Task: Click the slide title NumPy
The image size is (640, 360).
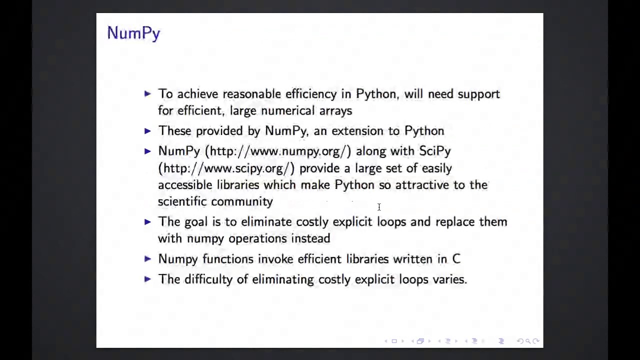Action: coord(133,33)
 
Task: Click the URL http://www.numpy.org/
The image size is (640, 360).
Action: coord(280,151)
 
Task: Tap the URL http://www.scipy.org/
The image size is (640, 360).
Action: coord(228,168)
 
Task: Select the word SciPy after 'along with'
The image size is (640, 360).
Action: coord(434,151)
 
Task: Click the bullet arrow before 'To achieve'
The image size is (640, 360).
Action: coord(147,93)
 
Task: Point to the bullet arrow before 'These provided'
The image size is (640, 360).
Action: coord(147,131)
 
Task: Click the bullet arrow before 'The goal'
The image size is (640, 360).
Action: coord(147,221)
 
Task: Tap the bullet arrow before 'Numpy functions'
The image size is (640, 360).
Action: coord(147,259)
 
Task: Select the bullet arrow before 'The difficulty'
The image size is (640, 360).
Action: coord(147,279)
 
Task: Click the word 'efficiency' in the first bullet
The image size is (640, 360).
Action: coord(310,94)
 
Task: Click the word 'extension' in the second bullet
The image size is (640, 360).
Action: coord(357,131)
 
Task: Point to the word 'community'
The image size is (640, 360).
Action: coord(241,201)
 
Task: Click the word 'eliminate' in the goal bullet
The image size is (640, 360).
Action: coord(266,222)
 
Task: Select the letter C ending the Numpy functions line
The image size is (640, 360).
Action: coord(456,259)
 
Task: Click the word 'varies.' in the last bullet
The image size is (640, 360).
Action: coord(449,279)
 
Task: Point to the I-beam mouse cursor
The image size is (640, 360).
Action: coord(379,207)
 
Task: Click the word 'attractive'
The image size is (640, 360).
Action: coord(422,185)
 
